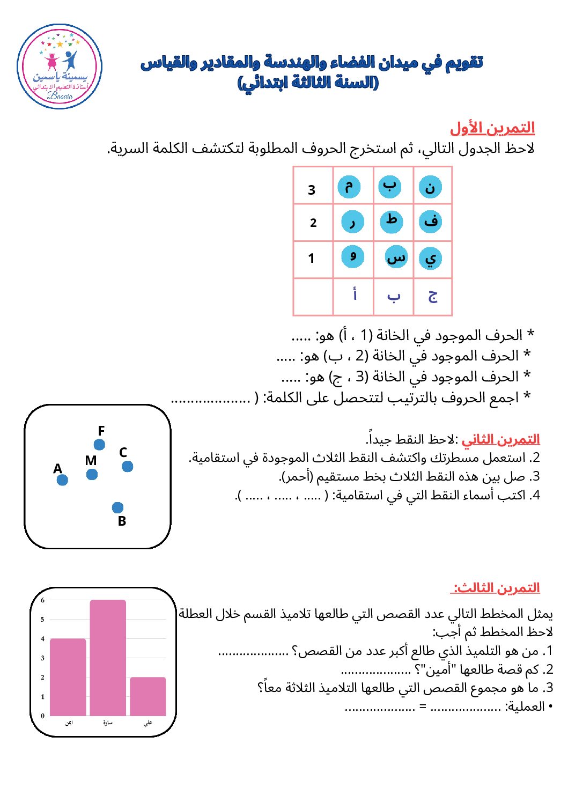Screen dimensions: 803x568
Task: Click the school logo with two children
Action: click(60, 67)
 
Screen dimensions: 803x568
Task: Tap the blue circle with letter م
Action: click(349, 187)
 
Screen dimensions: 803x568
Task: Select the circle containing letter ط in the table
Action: click(392, 222)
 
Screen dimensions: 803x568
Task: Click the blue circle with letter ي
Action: click(431, 258)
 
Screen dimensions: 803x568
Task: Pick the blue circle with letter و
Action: click(353, 256)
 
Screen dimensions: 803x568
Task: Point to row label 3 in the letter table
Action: click(312, 190)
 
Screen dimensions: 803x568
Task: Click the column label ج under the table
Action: click(433, 296)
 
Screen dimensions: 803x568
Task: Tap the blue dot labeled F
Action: click(99, 445)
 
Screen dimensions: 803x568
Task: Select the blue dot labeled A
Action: click(62, 480)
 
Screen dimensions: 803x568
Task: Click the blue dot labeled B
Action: click(118, 507)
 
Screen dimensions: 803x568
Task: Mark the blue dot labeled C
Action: click(127, 467)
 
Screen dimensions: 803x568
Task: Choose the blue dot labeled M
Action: click(92, 475)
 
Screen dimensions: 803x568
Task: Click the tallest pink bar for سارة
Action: click(108, 658)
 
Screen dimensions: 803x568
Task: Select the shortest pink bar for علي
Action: click(148, 696)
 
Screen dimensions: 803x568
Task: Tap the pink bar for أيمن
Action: click(68, 677)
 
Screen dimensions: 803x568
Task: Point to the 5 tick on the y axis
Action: click(43, 620)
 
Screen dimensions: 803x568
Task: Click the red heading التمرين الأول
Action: click(492, 128)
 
